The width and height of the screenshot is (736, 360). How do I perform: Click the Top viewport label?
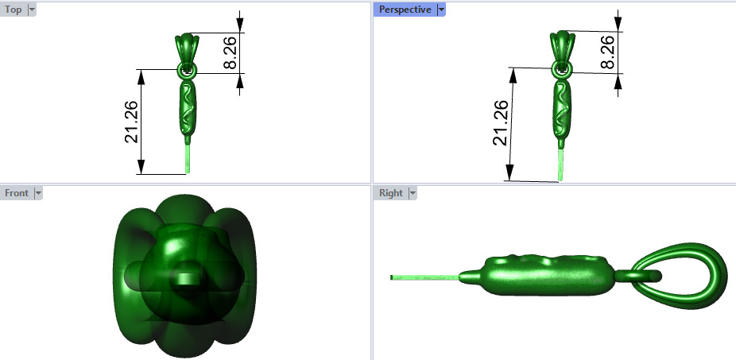(13, 10)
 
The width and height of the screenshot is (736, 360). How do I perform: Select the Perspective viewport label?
(405, 10)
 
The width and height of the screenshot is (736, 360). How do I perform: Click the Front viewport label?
(16, 192)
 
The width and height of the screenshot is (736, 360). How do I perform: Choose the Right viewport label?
(390, 192)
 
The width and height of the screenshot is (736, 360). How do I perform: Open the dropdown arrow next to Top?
(32, 10)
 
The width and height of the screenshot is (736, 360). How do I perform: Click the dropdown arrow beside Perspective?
(441, 10)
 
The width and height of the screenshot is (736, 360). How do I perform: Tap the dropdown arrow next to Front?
(38, 192)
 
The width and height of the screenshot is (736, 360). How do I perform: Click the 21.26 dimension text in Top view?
(132, 122)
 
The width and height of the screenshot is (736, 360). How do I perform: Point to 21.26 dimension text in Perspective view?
(501, 123)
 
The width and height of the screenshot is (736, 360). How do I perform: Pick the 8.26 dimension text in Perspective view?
(608, 52)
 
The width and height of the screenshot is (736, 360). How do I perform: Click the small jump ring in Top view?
(187, 72)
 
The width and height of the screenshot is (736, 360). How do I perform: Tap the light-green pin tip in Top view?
(188, 159)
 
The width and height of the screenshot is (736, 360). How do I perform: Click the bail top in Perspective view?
(562, 43)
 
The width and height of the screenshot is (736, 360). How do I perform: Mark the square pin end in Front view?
(186, 278)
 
